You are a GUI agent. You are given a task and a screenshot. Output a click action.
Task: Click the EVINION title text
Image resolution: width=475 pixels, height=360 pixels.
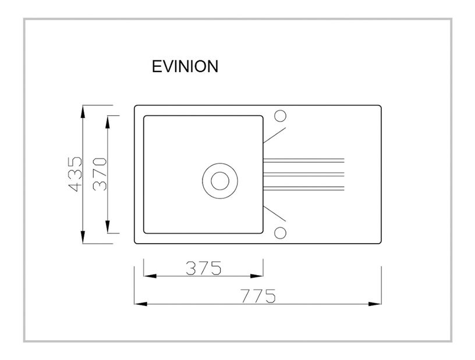click(185, 66)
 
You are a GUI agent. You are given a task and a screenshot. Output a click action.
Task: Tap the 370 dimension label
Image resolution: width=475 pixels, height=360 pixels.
click(100, 174)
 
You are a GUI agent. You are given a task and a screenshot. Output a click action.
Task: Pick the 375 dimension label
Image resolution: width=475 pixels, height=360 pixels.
click(204, 268)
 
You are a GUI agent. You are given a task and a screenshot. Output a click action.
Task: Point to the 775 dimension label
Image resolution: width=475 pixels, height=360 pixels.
click(258, 296)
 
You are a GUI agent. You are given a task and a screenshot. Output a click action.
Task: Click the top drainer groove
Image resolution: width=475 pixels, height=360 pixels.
click(304, 160)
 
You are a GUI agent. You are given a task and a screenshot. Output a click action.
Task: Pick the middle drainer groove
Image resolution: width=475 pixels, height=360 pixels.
click(304, 174)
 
